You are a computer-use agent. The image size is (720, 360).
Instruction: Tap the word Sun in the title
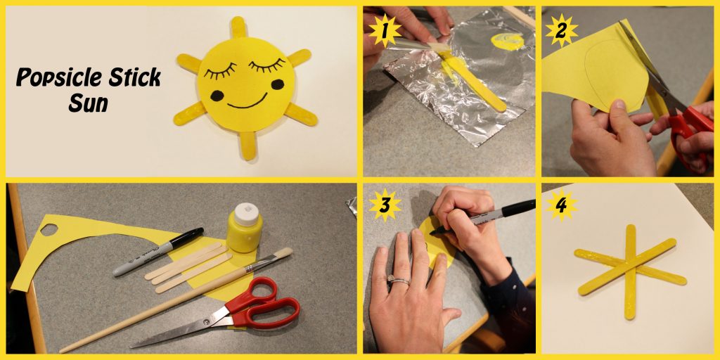click(88, 104)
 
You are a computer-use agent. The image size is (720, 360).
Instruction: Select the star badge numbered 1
click(385, 31)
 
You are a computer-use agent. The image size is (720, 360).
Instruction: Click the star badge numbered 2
click(561, 31)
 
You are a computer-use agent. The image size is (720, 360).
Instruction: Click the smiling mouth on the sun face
click(247, 103)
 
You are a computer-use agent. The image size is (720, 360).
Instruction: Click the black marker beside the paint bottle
click(158, 252)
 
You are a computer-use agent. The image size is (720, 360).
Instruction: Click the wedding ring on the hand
click(398, 279)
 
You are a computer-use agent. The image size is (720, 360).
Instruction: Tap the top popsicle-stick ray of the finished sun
click(238, 27)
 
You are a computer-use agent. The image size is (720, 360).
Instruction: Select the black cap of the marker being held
click(518, 208)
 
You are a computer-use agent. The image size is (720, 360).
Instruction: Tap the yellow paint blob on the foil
click(507, 41)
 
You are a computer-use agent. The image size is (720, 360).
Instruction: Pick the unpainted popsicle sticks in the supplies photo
click(188, 268)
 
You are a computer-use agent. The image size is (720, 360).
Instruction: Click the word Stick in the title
click(134, 77)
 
